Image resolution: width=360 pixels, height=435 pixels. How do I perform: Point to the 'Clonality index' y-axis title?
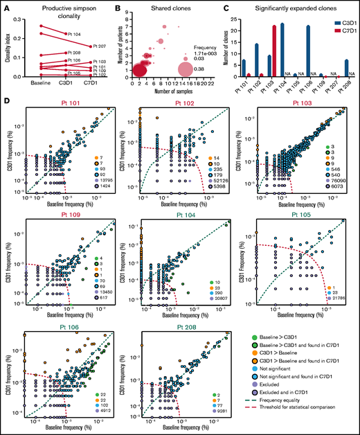[x=7, y=47]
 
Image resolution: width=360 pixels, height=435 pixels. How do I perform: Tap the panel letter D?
[x=6, y=102]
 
